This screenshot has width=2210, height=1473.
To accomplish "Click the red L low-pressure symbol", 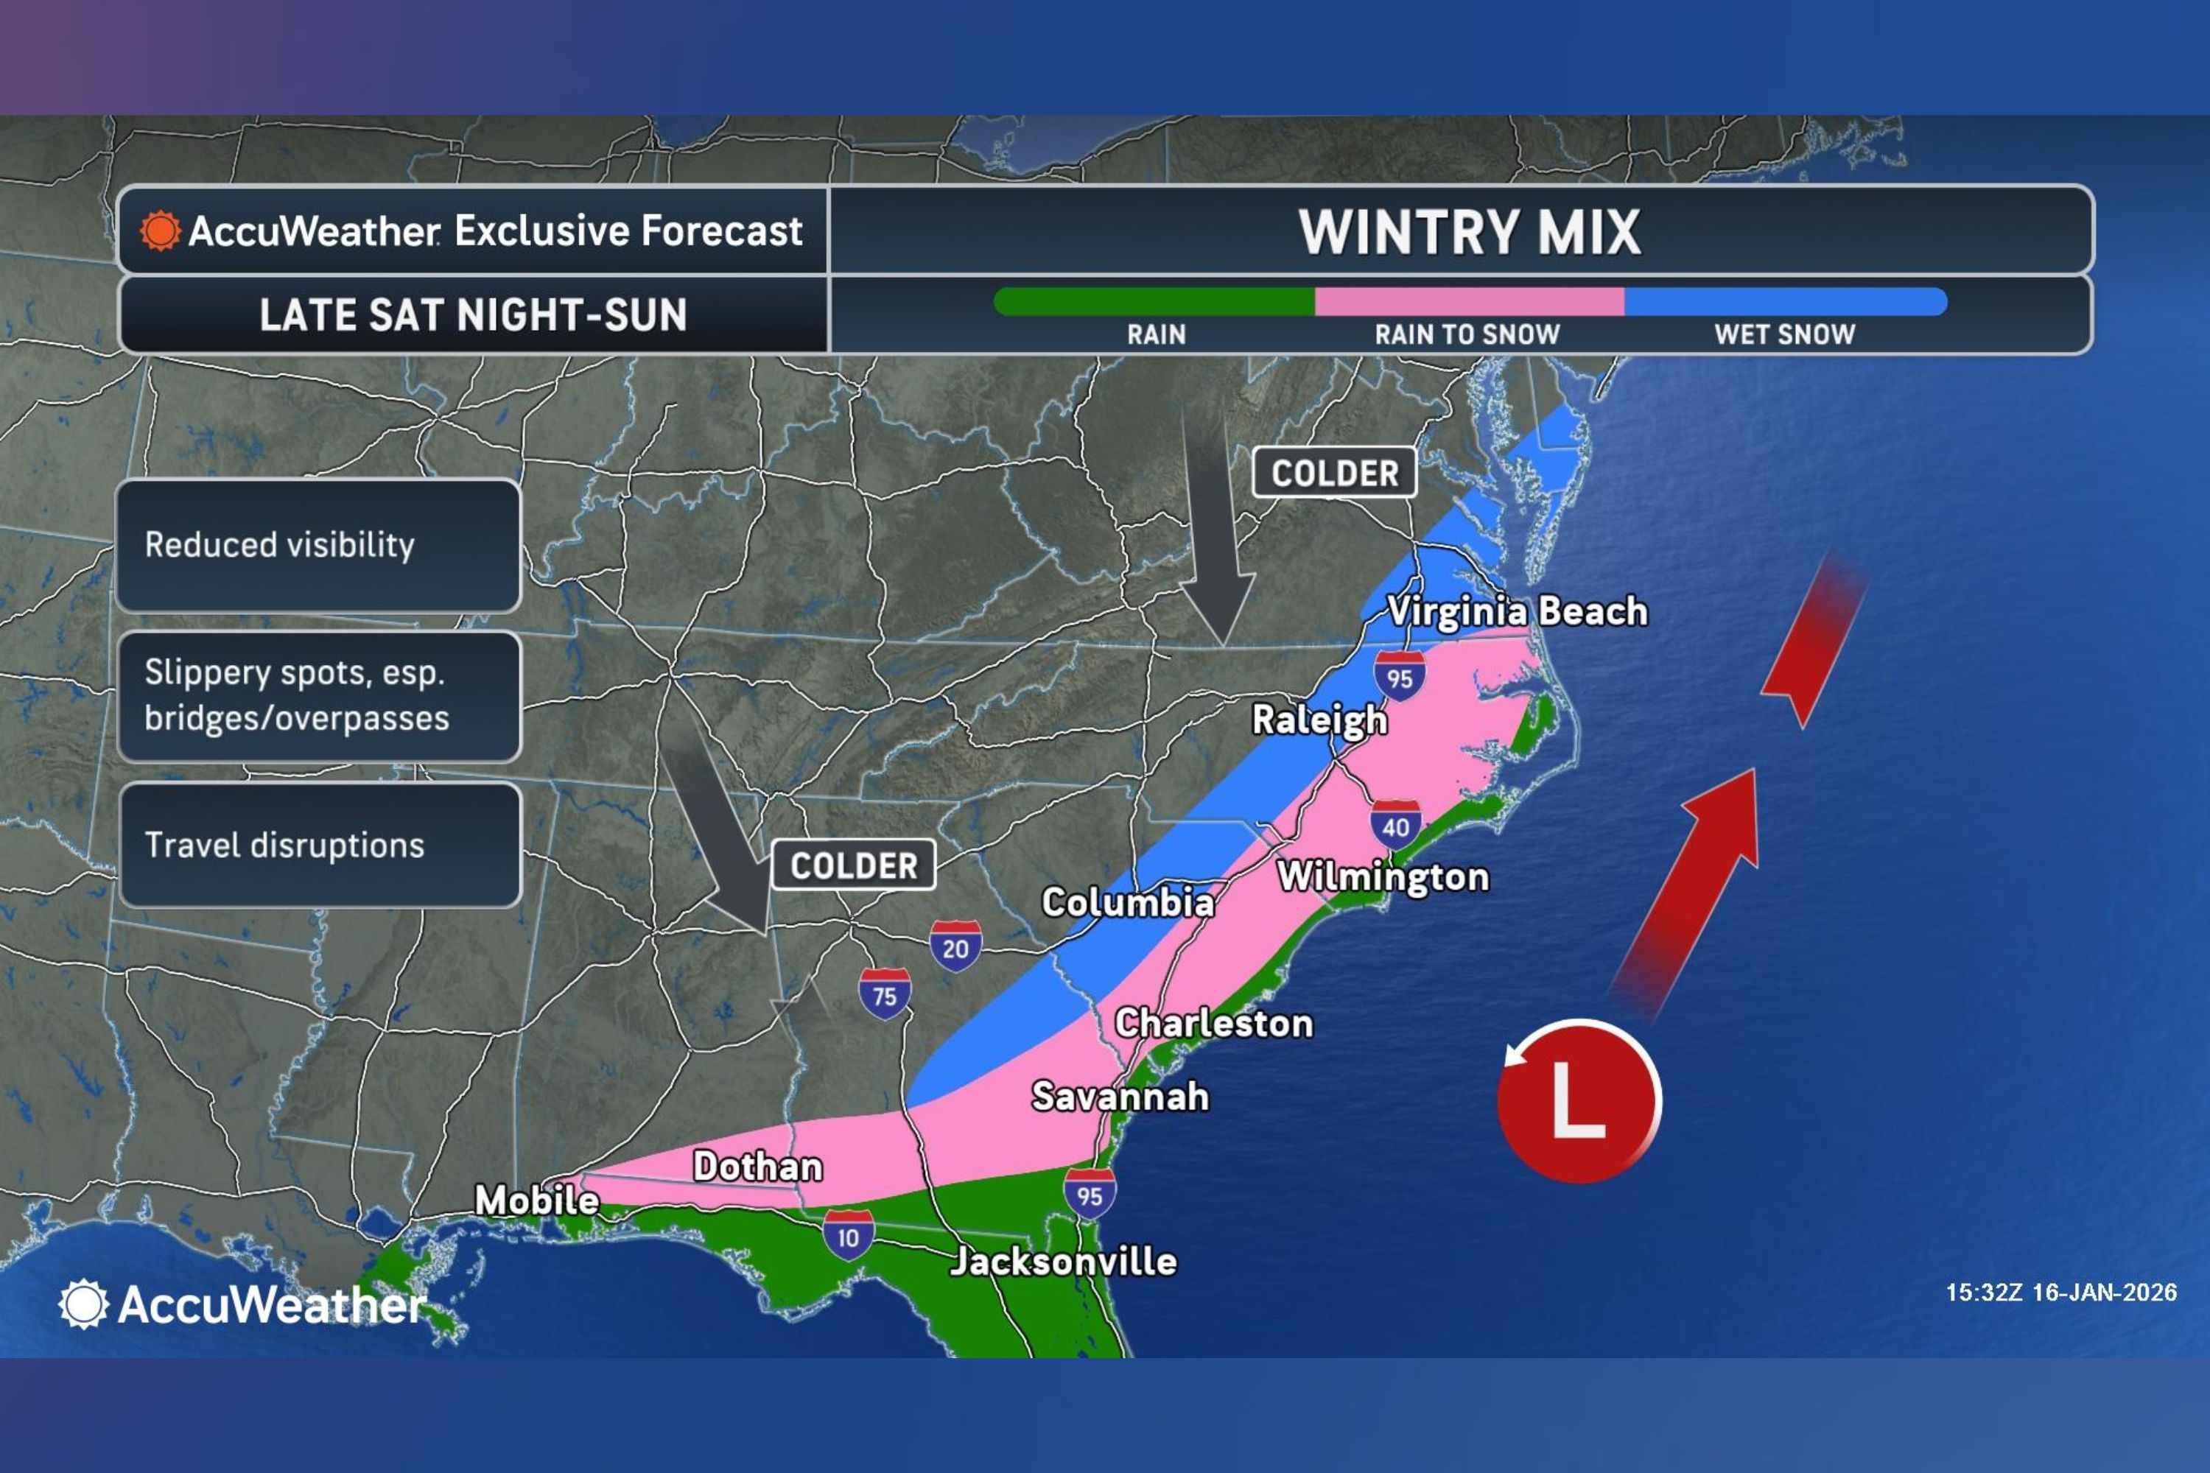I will [x=1578, y=1100].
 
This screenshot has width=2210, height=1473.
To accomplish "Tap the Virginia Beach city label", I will [x=1517, y=611].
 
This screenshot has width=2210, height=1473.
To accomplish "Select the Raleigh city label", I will [x=1319, y=720].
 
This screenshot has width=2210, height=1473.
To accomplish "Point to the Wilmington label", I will [x=1382, y=876].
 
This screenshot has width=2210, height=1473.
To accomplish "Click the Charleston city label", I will [x=1213, y=1023].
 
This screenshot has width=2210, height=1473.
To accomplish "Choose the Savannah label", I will [x=1120, y=1097].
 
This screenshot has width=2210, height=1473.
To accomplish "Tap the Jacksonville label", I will [x=1063, y=1261].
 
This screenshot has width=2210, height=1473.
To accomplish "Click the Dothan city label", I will [x=757, y=1166].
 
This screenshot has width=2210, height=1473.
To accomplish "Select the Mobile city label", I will [x=536, y=1200].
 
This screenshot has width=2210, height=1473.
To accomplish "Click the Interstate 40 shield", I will [x=1395, y=825].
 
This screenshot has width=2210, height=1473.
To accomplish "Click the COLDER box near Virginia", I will [x=1334, y=473].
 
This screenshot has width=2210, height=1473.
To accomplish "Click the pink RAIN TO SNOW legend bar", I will [x=1469, y=301].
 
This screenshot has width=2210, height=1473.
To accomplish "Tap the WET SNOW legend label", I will [x=1784, y=334].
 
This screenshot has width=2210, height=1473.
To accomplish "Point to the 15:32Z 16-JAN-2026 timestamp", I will [x=2060, y=1293].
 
